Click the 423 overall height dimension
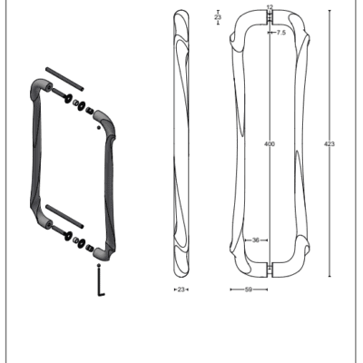point(329,144)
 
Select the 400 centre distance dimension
point(270,144)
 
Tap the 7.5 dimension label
point(281,33)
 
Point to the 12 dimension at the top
point(270,7)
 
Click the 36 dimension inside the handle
point(256,240)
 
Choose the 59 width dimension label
point(249,289)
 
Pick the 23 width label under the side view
point(181,289)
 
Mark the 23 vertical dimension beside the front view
point(218,17)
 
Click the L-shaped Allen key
point(101,281)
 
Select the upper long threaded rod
point(64,79)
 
